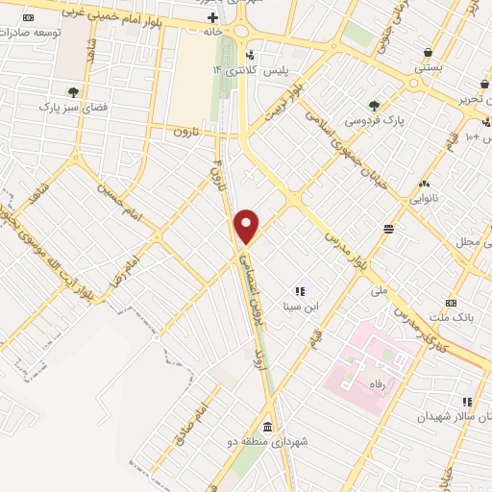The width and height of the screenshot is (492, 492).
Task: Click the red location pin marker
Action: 248,227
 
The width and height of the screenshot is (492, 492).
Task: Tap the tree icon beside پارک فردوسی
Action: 375,106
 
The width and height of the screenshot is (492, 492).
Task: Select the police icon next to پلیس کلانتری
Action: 252,56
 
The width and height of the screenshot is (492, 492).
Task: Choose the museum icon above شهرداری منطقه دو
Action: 266,427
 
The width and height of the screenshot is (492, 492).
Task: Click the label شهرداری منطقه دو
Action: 274,441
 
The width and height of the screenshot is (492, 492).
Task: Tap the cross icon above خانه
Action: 212,18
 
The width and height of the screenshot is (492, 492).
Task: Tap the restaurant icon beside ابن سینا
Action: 299,291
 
